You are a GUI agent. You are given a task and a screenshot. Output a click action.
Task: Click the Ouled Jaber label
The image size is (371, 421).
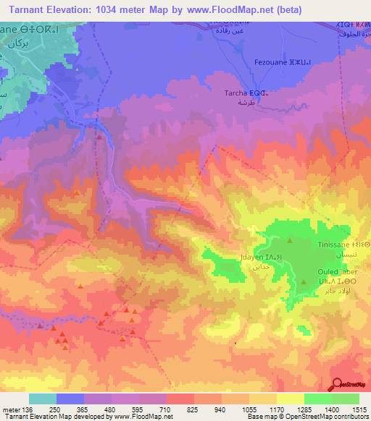point(337,272)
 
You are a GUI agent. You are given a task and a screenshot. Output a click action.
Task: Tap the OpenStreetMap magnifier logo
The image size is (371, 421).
point(336,384)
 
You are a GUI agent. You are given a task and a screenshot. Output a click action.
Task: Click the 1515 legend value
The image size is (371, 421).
point(359,409)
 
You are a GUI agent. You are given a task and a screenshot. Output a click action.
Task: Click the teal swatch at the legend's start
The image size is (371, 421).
point(42,399)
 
